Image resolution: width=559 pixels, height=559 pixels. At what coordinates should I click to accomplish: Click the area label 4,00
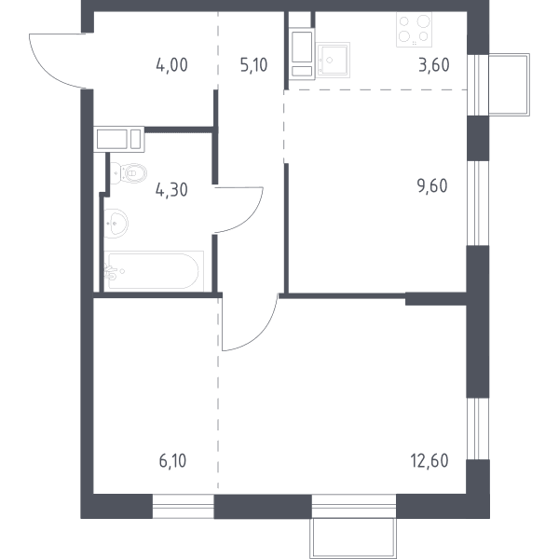[x=171, y=65]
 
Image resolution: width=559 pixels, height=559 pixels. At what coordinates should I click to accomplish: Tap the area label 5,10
[x=253, y=65]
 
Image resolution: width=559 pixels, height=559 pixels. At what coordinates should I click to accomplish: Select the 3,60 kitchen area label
[x=434, y=65]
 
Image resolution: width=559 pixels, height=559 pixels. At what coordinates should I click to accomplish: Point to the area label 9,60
[x=432, y=186]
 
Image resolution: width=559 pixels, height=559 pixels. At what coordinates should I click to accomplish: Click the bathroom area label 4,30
[x=171, y=190]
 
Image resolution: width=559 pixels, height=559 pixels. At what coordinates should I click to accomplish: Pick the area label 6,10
[x=172, y=460]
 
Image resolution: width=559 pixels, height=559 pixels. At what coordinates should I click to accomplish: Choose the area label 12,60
[x=429, y=460]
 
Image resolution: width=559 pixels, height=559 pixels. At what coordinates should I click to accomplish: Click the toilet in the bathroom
[x=129, y=173]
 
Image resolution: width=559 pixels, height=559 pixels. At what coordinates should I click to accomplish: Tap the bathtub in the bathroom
[x=154, y=271]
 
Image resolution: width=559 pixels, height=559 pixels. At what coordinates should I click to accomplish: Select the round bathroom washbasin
[x=116, y=224]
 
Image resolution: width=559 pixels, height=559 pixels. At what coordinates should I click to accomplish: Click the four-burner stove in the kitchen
[x=414, y=30]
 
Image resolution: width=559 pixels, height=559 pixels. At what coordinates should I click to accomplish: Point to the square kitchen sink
[x=333, y=61]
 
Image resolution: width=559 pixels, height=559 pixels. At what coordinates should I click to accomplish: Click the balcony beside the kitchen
[x=509, y=85]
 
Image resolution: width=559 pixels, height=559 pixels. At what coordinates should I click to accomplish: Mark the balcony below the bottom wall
[x=353, y=539]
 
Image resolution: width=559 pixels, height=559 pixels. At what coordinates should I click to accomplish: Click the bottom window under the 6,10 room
[x=184, y=506]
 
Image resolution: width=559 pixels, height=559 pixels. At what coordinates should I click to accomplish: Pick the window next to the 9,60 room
[x=478, y=203]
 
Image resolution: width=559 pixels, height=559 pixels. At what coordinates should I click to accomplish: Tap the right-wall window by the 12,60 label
[x=478, y=429]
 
